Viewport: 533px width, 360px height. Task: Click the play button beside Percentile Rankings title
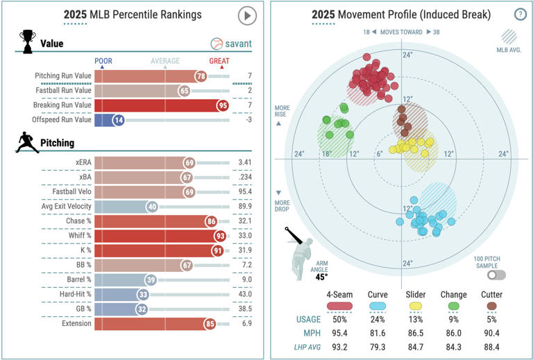(247, 15)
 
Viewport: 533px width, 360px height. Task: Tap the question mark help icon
(520, 15)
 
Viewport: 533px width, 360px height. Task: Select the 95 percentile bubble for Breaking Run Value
(223, 105)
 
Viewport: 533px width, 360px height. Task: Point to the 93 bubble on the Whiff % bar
(219, 236)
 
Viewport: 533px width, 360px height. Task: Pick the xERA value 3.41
(244, 162)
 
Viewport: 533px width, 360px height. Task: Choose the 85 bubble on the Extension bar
(210, 323)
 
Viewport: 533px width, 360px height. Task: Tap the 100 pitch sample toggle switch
(496, 275)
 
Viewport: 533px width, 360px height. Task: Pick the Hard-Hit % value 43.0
(244, 294)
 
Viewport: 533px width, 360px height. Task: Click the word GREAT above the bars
(219, 60)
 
